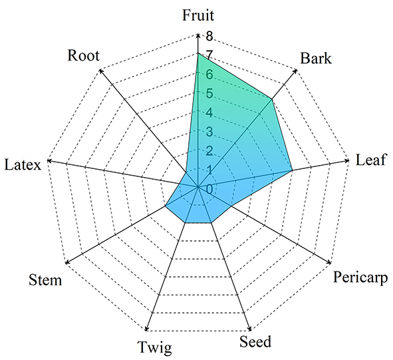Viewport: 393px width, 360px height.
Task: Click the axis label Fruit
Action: tap(198, 15)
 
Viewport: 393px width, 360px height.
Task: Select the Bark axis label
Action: tap(316, 58)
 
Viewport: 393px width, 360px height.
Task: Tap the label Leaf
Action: tap(370, 160)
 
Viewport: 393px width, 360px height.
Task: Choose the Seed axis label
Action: tap(255, 341)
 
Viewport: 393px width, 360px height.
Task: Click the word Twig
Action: tap(155, 348)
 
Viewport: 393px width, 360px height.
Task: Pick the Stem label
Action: tap(45, 279)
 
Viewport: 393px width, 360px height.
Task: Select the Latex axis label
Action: tap(23, 165)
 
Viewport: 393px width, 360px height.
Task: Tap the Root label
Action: tap(84, 55)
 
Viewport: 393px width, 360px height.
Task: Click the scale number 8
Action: tap(209, 36)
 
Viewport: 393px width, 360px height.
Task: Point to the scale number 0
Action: tap(209, 189)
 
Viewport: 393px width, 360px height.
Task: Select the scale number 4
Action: tap(209, 112)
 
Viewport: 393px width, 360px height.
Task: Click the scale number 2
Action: tap(209, 151)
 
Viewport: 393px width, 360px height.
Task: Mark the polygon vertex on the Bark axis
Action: tap(271, 100)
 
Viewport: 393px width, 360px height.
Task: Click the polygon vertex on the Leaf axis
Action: tap(292, 170)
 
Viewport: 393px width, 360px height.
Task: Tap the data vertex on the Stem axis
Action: tap(165, 206)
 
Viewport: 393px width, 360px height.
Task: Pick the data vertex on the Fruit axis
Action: tap(198, 53)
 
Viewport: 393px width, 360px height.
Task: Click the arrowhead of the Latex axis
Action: tap(49, 160)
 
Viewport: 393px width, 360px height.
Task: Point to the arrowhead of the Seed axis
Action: tap(249, 329)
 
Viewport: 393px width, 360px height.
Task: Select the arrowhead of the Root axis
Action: tap(101, 71)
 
